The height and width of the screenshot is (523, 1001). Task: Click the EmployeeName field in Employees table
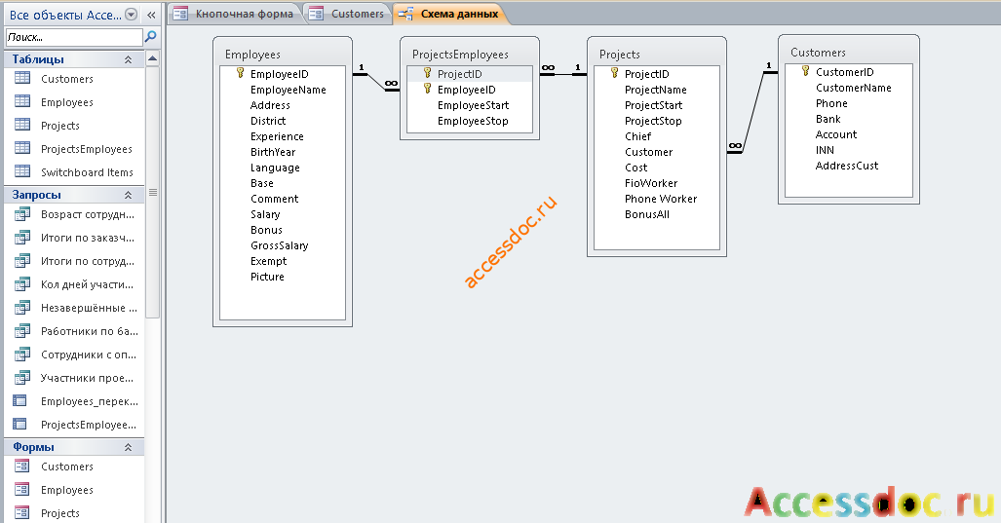click(x=288, y=90)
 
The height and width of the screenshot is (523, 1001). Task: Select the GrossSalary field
click(x=279, y=245)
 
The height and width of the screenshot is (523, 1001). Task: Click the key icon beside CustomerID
click(x=806, y=71)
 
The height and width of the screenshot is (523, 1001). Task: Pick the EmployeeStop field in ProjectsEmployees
click(x=473, y=121)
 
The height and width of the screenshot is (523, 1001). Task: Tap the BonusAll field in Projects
click(x=646, y=214)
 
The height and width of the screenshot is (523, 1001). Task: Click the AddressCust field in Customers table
click(x=846, y=166)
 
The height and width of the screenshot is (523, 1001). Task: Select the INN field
click(x=825, y=150)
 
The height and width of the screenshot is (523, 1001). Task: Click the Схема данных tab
click(x=450, y=14)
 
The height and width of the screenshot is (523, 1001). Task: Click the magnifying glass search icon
click(x=151, y=37)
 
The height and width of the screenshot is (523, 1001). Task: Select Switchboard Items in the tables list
click(x=87, y=172)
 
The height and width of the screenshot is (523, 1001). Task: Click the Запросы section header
click(x=36, y=195)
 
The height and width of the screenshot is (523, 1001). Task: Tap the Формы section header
click(x=33, y=446)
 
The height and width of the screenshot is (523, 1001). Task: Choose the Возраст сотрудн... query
click(x=88, y=214)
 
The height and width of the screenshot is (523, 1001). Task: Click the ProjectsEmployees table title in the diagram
click(x=460, y=55)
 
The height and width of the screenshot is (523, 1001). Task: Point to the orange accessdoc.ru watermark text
click(x=510, y=243)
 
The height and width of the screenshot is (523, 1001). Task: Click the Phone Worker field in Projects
click(x=661, y=199)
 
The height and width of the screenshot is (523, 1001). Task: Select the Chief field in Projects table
click(x=637, y=136)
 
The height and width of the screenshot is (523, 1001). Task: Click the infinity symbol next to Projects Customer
click(x=736, y=146)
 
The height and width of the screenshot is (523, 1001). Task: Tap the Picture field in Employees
click(x=267, y=277)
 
